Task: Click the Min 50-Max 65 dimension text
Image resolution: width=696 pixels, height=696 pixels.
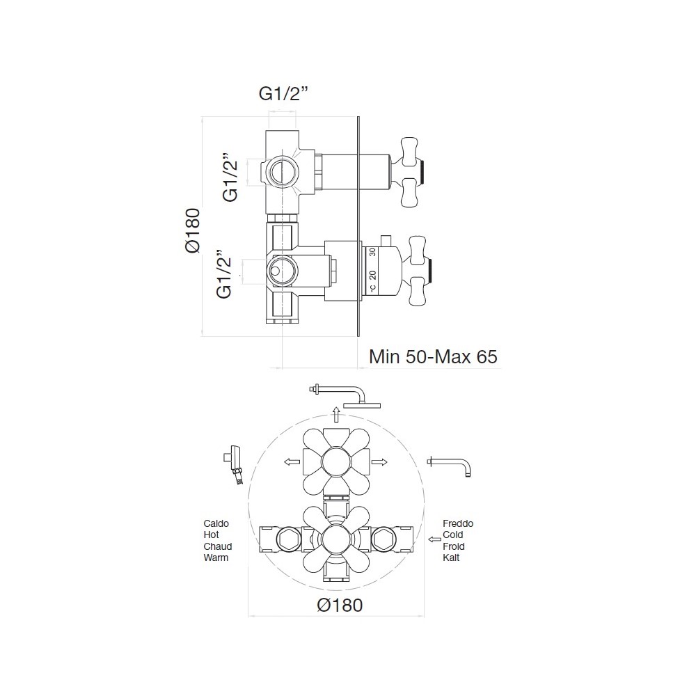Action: click(x=433, y=357)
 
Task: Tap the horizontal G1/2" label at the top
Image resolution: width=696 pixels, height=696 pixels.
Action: click(x=283, y=94)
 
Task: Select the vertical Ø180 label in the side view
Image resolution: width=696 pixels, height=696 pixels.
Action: click(x=193, y=230)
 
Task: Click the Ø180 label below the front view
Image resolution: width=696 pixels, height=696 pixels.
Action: click(x=340, y=605)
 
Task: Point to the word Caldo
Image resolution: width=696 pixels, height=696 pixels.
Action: click(x=216, y=523)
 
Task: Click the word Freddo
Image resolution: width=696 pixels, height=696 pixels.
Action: click(x=458, y=523)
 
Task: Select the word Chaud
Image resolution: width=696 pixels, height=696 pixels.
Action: click(x=217, y=546)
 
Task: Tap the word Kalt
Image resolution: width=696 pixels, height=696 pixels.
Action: click(x=451, y=557)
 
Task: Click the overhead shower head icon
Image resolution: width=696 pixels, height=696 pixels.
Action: click(x=345, y=396)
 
